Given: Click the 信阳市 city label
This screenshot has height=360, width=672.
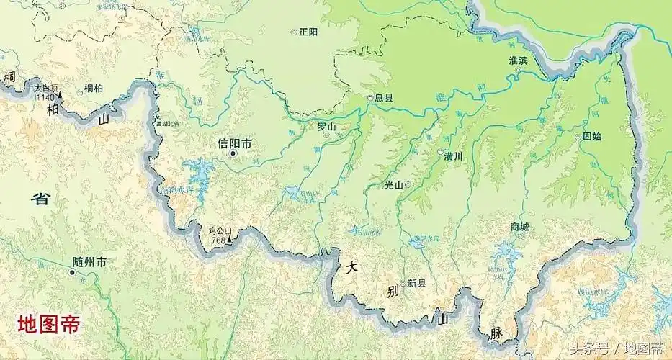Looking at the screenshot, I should tap(235, 143).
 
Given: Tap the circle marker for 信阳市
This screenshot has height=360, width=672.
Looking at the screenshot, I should tap(233, 153).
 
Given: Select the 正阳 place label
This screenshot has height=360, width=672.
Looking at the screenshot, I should tap(308, 32).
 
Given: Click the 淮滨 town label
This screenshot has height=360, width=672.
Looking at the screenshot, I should tap(518, 60).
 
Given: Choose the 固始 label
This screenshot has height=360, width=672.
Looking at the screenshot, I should tap(592, 135).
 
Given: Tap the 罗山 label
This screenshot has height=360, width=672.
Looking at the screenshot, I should tap(327, 127).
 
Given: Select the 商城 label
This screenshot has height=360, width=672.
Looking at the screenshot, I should tap(519, 227).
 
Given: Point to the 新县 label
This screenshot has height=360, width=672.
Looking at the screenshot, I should tap(416, 283).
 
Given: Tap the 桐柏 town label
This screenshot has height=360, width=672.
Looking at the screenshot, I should tap(93, 89).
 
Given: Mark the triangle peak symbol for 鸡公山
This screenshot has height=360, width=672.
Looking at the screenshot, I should tap(229, 240).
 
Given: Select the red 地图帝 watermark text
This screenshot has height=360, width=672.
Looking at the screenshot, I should tap(48, 324).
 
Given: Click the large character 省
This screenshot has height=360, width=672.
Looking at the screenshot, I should tap(41, 199).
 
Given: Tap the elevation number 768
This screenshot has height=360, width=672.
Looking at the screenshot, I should tap(217, 240).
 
